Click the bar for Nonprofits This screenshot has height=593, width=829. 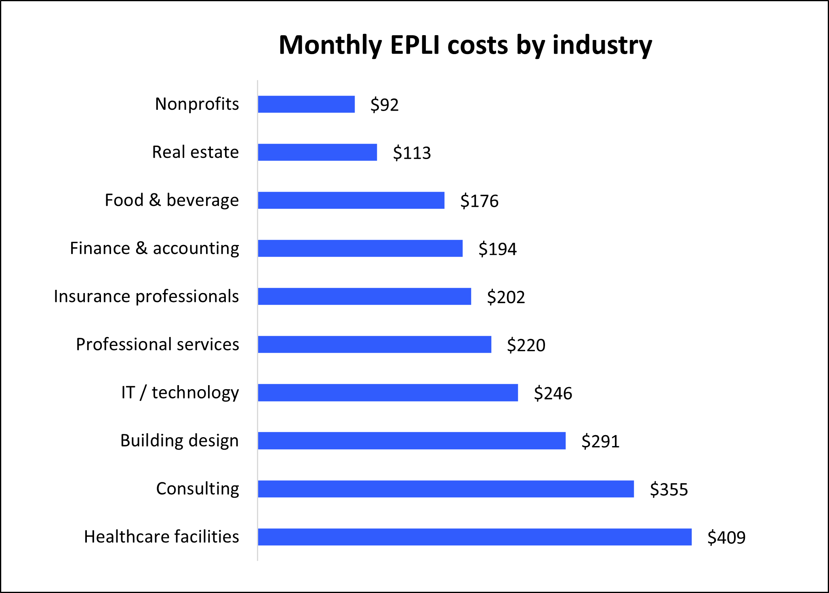coord(306,104)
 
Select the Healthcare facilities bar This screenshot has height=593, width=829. coord(475,537)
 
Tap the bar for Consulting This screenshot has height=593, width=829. coord(446,489)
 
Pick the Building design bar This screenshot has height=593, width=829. coord(412,441)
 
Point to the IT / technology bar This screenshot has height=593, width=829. coord(388,393)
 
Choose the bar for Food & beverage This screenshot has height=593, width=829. coord(351,200)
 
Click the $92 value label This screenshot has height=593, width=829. coord(384,105)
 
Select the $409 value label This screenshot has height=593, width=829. coord(726,538)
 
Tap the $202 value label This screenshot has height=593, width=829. coord(506,298)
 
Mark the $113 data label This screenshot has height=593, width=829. coord(412,153)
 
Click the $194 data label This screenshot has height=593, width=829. coord(497,249)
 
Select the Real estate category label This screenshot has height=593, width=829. coord(195,152)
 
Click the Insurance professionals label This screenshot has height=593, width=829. coord(146,296)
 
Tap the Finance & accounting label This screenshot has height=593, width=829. coord(154,248)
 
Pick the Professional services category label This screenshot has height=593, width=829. coord(158,344)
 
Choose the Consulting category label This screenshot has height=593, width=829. coord(198,488)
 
